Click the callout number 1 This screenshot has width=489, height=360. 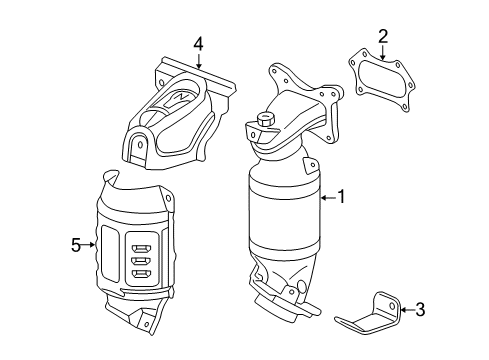coord(340,198)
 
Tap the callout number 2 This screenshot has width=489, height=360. coord(382,37)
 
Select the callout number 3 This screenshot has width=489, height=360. coord(420,311)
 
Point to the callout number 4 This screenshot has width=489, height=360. coord(198,44)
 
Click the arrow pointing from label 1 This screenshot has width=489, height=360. coord(326,198)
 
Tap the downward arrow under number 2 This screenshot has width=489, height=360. coord(382,56)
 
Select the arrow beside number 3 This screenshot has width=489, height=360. coord(404,311)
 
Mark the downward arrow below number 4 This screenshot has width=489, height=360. coord(198,62)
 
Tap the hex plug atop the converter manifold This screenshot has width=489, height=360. coord(267,121)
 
